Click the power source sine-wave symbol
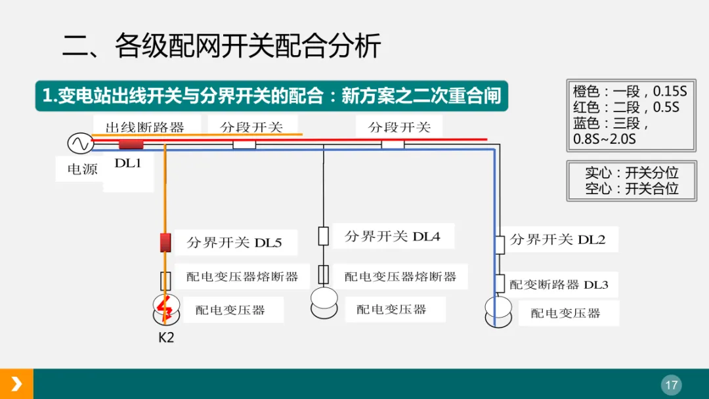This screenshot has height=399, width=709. [79, 143]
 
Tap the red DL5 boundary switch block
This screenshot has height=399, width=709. [165, 242]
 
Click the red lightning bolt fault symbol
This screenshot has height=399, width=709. [165, 308]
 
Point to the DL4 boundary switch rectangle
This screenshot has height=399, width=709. [323, 236]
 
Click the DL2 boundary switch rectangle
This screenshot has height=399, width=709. [500, 244]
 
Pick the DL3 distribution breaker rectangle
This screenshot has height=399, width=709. [500, 283]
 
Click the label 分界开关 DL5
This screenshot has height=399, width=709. [234, 243]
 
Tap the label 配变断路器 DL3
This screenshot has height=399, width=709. [559, 284]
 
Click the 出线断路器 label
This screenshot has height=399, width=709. [145, 127]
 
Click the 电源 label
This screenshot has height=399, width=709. [82, 169]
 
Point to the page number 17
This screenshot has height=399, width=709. [671, 385]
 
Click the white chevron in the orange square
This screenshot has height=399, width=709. [16, 384]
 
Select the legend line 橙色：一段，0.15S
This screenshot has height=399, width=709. [630, 92]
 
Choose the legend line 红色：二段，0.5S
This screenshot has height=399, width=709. [626, 107]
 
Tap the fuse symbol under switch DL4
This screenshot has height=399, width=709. [323, 274]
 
